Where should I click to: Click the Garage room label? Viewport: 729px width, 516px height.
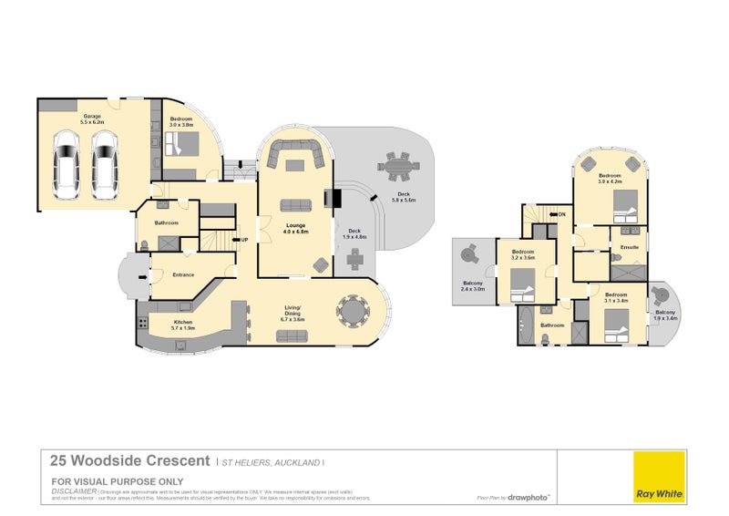(93, 119)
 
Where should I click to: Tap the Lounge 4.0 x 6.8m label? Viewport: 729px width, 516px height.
(294, 228)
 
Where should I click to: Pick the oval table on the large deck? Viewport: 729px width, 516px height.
(396, 168)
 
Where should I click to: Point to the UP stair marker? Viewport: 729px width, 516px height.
(244, 240)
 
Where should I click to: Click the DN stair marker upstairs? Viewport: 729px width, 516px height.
(560, 214)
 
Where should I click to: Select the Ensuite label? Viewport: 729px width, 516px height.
(629, 247)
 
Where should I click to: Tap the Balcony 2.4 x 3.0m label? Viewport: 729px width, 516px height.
(473, 286)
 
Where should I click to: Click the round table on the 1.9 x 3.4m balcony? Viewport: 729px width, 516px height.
(662, 296)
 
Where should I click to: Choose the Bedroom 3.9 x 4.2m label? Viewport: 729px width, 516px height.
(609, 179)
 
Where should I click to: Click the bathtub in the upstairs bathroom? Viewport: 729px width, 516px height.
(528, 323)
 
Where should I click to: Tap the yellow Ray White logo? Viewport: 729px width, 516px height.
(660, 475)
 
